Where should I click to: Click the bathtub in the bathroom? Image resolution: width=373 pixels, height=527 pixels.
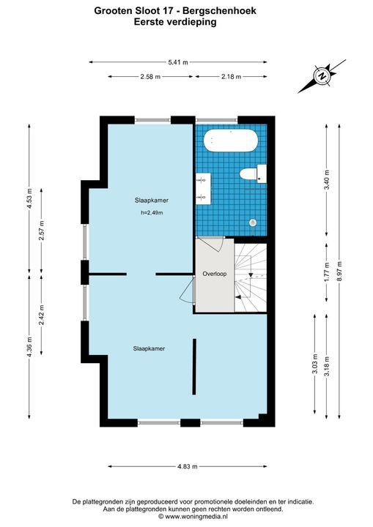(231, 141)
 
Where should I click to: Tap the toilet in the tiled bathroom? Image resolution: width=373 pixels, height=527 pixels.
(253, 173)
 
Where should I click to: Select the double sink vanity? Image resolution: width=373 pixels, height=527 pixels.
(203, 189)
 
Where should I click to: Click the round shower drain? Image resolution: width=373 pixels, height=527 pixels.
(253, 223)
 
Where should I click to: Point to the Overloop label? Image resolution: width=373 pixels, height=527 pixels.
(215, 274)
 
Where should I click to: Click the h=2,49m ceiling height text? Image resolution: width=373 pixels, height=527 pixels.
(152, 212)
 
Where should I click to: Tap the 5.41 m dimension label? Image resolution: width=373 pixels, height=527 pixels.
(178, 61)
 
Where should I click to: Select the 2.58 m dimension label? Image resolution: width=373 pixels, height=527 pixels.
(150, 77)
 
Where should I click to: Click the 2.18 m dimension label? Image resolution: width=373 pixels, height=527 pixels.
(232, 77)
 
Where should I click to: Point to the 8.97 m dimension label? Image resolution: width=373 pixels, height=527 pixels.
(339, 271)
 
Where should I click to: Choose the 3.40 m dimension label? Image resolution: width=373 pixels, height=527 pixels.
(326, 180)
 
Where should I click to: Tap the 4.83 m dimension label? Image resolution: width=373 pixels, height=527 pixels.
(187, 466)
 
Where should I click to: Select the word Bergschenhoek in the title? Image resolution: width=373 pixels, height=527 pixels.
(219, 11)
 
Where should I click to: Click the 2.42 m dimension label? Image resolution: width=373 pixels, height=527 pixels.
(42, 315)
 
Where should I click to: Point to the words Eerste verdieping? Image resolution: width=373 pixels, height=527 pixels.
(175, 22)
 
